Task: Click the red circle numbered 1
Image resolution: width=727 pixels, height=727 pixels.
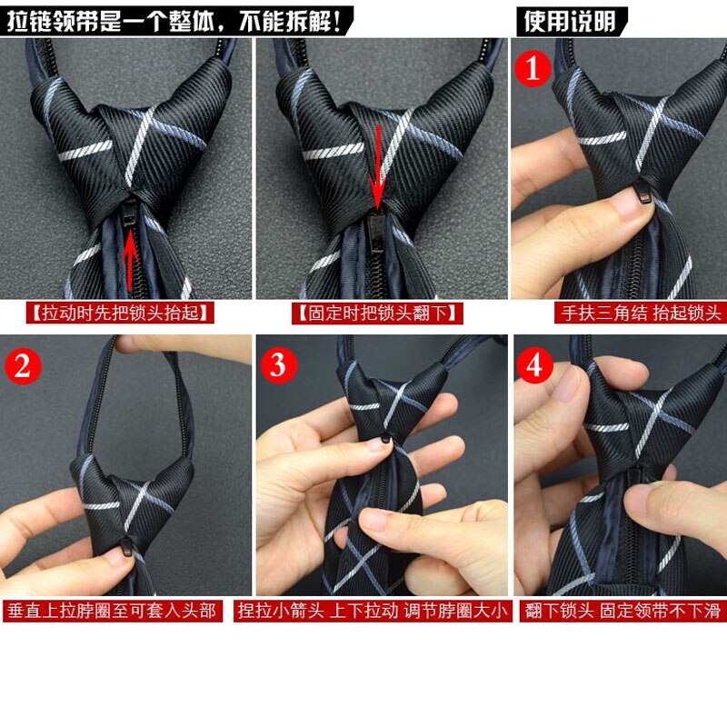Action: tap(534, 67)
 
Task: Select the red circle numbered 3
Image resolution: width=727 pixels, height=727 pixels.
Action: tap(278, 365)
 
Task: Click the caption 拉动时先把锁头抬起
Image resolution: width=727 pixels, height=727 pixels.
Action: tap(121, 314)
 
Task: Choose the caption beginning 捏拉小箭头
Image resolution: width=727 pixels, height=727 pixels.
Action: tap(373, 611)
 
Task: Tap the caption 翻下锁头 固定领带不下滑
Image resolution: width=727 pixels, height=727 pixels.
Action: tap(623, 611)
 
